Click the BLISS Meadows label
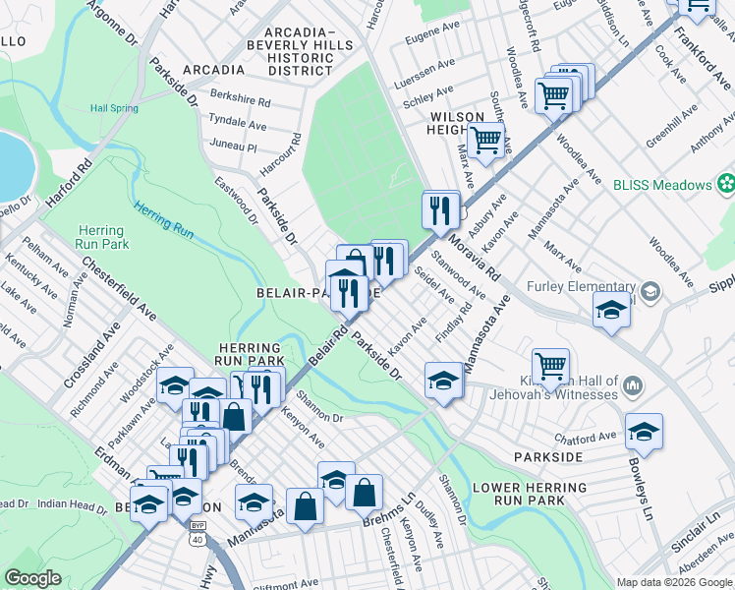(661, 185)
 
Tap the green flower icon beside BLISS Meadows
(726, 184)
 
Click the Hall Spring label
(112, 109)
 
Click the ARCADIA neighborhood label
(213, 70)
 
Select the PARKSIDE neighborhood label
(548, 457)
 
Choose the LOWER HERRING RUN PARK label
(518, 494)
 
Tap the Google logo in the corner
(33, 578)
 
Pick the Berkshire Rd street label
(240, 101)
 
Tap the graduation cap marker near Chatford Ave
(644, 431)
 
